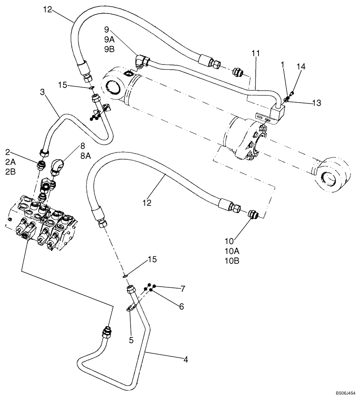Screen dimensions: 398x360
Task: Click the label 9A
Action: [109, 39]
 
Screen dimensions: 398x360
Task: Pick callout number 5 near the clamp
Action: [131, 340]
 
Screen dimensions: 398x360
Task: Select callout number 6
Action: [181, 306]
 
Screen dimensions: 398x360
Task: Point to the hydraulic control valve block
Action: [42, 223]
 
